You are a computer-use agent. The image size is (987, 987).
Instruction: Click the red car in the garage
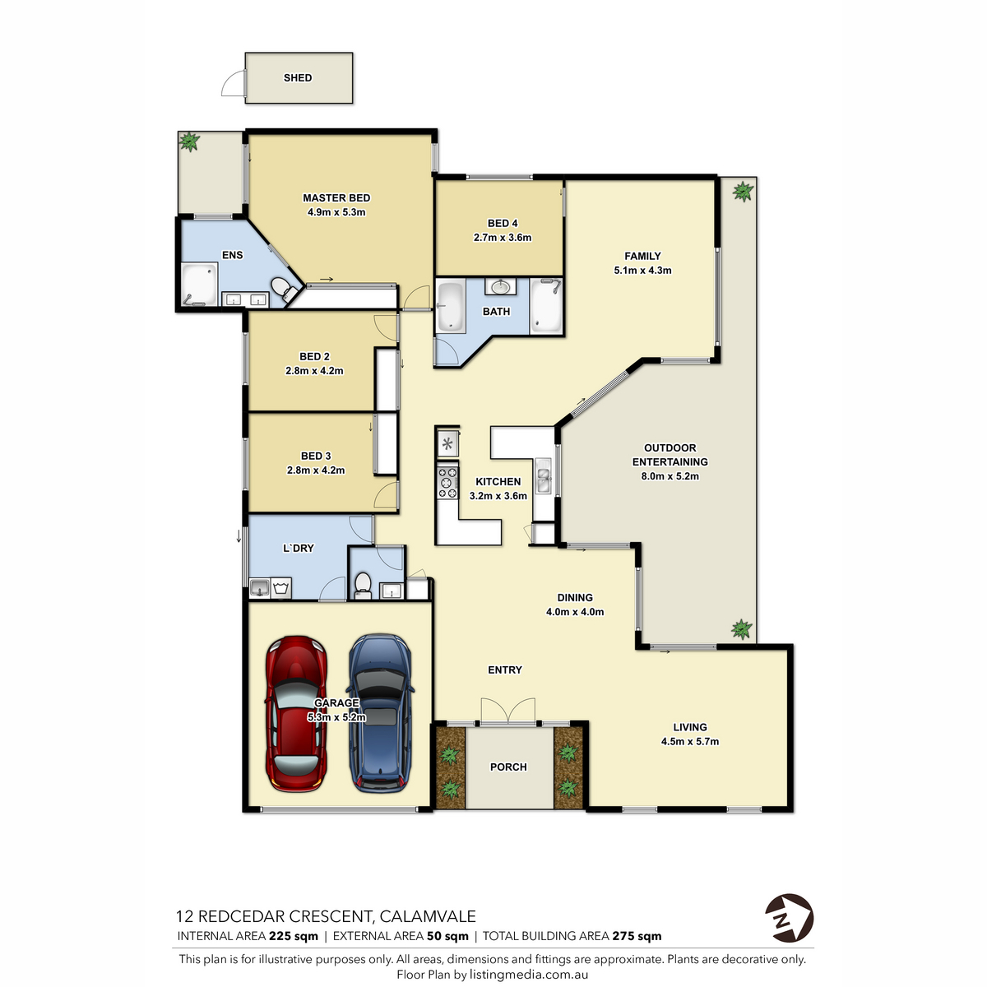click(296, 713)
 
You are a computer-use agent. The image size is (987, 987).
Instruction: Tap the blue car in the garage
click(380, 713)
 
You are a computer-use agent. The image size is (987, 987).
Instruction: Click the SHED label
click(298, 78)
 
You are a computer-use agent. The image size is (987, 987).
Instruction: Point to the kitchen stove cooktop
click(447, 482)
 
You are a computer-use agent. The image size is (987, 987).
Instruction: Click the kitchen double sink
click(543, 476)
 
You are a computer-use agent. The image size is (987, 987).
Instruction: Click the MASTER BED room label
click(336, 197)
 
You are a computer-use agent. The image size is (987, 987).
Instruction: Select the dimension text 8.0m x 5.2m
click(670, 476)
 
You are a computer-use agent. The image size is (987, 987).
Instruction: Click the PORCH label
click(508, 767)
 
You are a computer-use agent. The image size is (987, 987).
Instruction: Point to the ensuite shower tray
click(200, 285)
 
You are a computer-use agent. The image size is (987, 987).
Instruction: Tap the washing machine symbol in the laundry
click(280, 588)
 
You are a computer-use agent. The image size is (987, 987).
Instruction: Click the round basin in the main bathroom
click(500, 287)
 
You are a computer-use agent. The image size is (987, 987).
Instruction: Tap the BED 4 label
click(503, 224)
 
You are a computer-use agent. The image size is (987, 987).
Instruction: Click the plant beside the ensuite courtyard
click(189, 141)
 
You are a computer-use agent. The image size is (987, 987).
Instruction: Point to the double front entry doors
click(507, 711)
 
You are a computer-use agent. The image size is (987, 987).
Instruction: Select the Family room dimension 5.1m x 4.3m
click(642, 270)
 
